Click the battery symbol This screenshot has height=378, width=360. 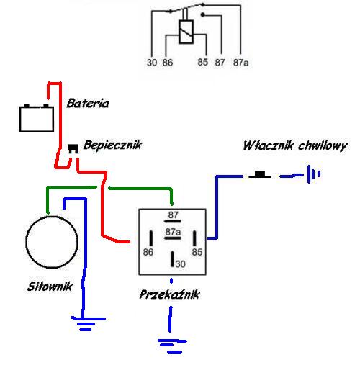coord(37,118)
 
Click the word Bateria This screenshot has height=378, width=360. coord(88,103)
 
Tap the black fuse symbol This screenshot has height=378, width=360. coord(73,148)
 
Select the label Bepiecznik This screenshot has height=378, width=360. coord(112,145)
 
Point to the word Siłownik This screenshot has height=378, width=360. coord(50,287)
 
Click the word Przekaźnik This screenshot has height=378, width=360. coord(169,294)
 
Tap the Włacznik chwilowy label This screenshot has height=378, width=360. coord(295,145)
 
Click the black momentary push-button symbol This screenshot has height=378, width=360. coord(260,174)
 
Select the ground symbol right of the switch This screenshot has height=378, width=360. coord(313,174)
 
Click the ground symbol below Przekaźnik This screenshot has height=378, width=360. coord(172,346)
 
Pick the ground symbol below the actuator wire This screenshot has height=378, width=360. coord(88,324)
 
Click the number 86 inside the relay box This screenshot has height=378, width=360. coord(148,252)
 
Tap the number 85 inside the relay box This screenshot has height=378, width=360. coord(197,252)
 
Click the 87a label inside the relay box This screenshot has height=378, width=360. coord(173,232)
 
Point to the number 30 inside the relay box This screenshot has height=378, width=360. coord(181,264)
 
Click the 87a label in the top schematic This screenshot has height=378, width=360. coord(240,63)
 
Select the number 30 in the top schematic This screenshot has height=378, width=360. coord(152,63)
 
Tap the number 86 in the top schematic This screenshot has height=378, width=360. coord(168,63)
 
